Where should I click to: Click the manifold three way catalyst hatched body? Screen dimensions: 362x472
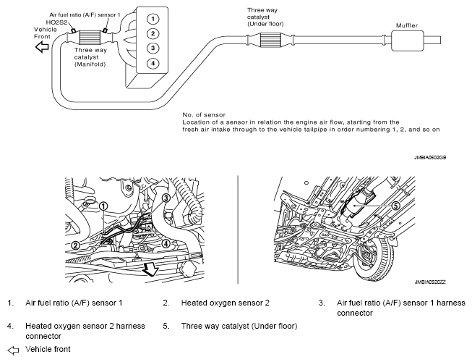click(90, 34)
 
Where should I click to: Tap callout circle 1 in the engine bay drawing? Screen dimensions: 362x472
click(104, 206)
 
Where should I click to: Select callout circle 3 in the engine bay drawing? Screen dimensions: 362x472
click(166, 198)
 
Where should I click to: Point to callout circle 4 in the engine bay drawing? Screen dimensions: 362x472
click(166, 244)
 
